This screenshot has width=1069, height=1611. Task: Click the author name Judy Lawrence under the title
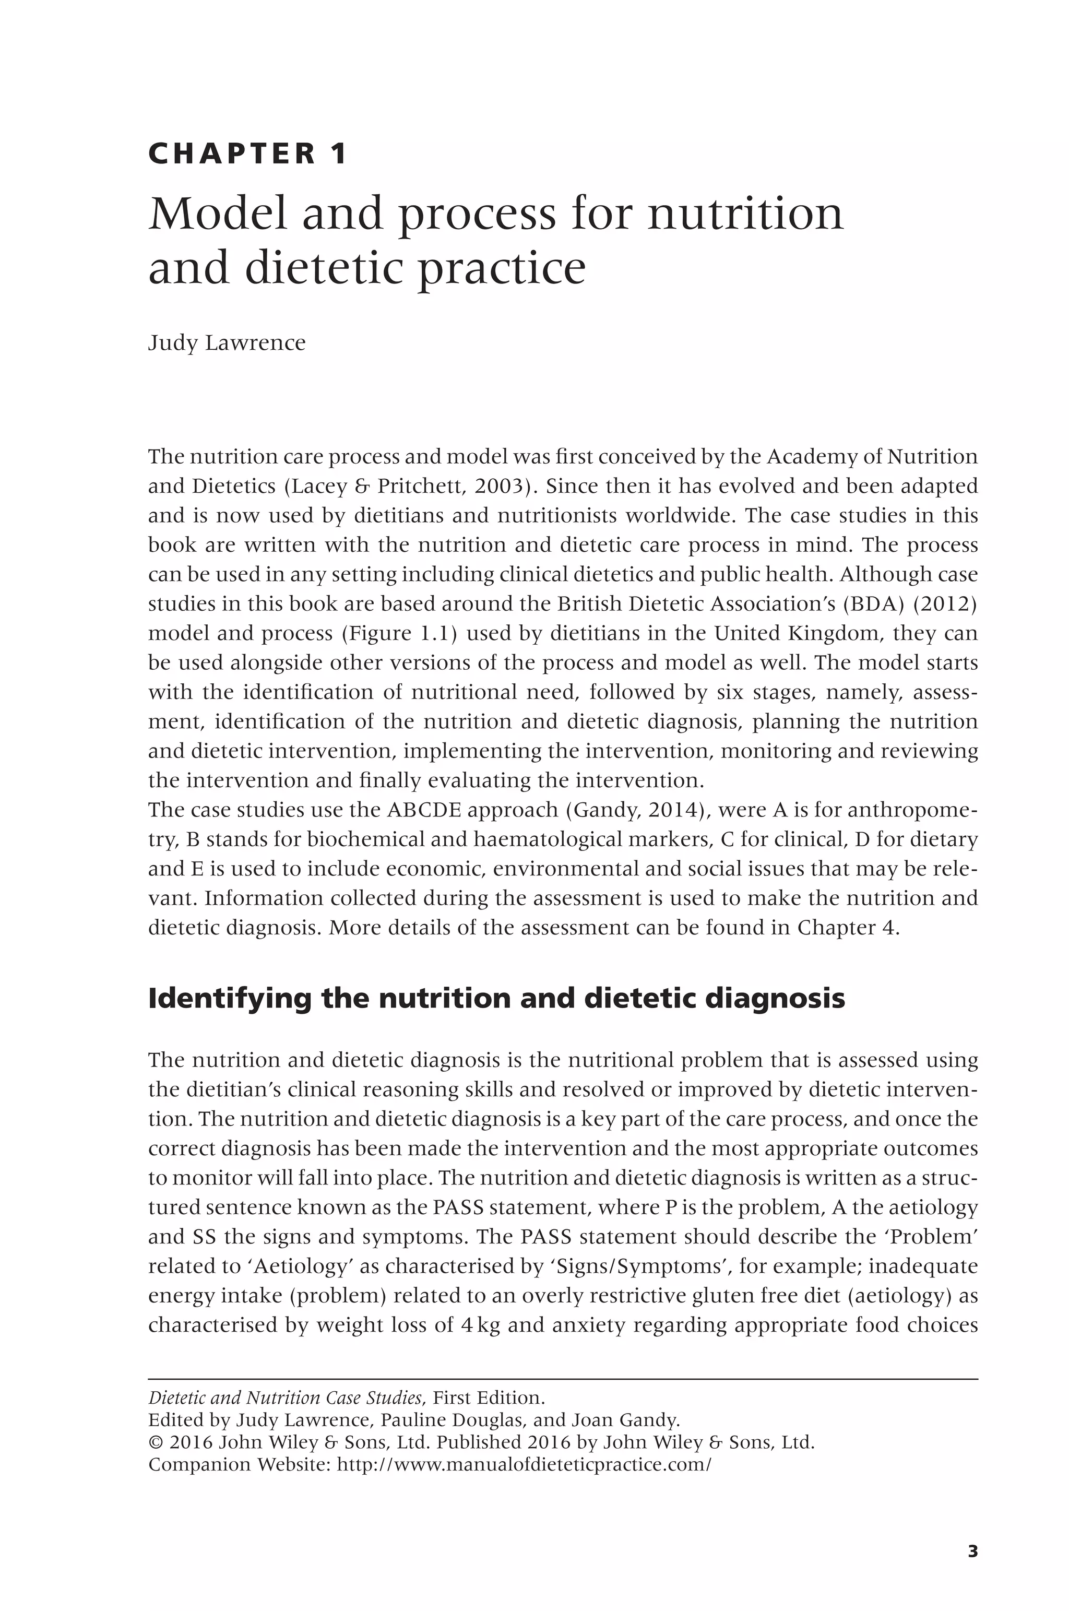227,343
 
